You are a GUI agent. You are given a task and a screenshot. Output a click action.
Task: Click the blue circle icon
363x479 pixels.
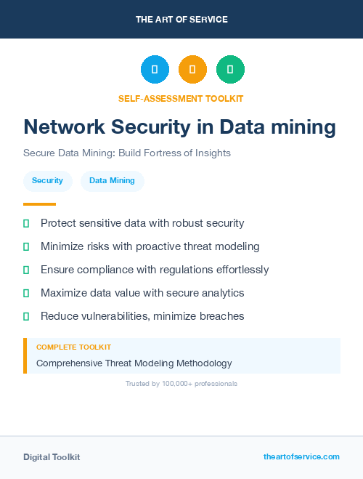point(155,70)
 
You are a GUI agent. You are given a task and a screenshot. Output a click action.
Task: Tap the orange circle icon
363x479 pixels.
point(192,70)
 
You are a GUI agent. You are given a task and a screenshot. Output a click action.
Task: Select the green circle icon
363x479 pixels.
point(230,70)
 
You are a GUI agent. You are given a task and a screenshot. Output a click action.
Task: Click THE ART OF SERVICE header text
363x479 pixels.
point(181,20)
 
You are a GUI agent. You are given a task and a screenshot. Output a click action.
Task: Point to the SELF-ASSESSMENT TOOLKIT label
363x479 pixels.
point(181,98)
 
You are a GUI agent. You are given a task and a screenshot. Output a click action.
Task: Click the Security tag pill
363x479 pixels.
point(47,180)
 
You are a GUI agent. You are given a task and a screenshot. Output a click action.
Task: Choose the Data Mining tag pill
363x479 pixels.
point(112,180)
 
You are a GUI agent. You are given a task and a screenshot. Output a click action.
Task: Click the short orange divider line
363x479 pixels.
point(39,204)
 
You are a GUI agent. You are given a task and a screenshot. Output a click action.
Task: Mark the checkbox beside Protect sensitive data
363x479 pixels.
point(26,223)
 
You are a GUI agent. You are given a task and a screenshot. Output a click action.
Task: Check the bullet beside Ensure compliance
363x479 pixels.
point(26,270)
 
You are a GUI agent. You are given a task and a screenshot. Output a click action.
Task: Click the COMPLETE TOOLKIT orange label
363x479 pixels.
point(73,347)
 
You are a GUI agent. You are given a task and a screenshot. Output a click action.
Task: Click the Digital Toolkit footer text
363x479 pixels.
point(52,457)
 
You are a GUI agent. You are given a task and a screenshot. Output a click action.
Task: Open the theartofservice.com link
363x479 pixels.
point(301,456)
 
